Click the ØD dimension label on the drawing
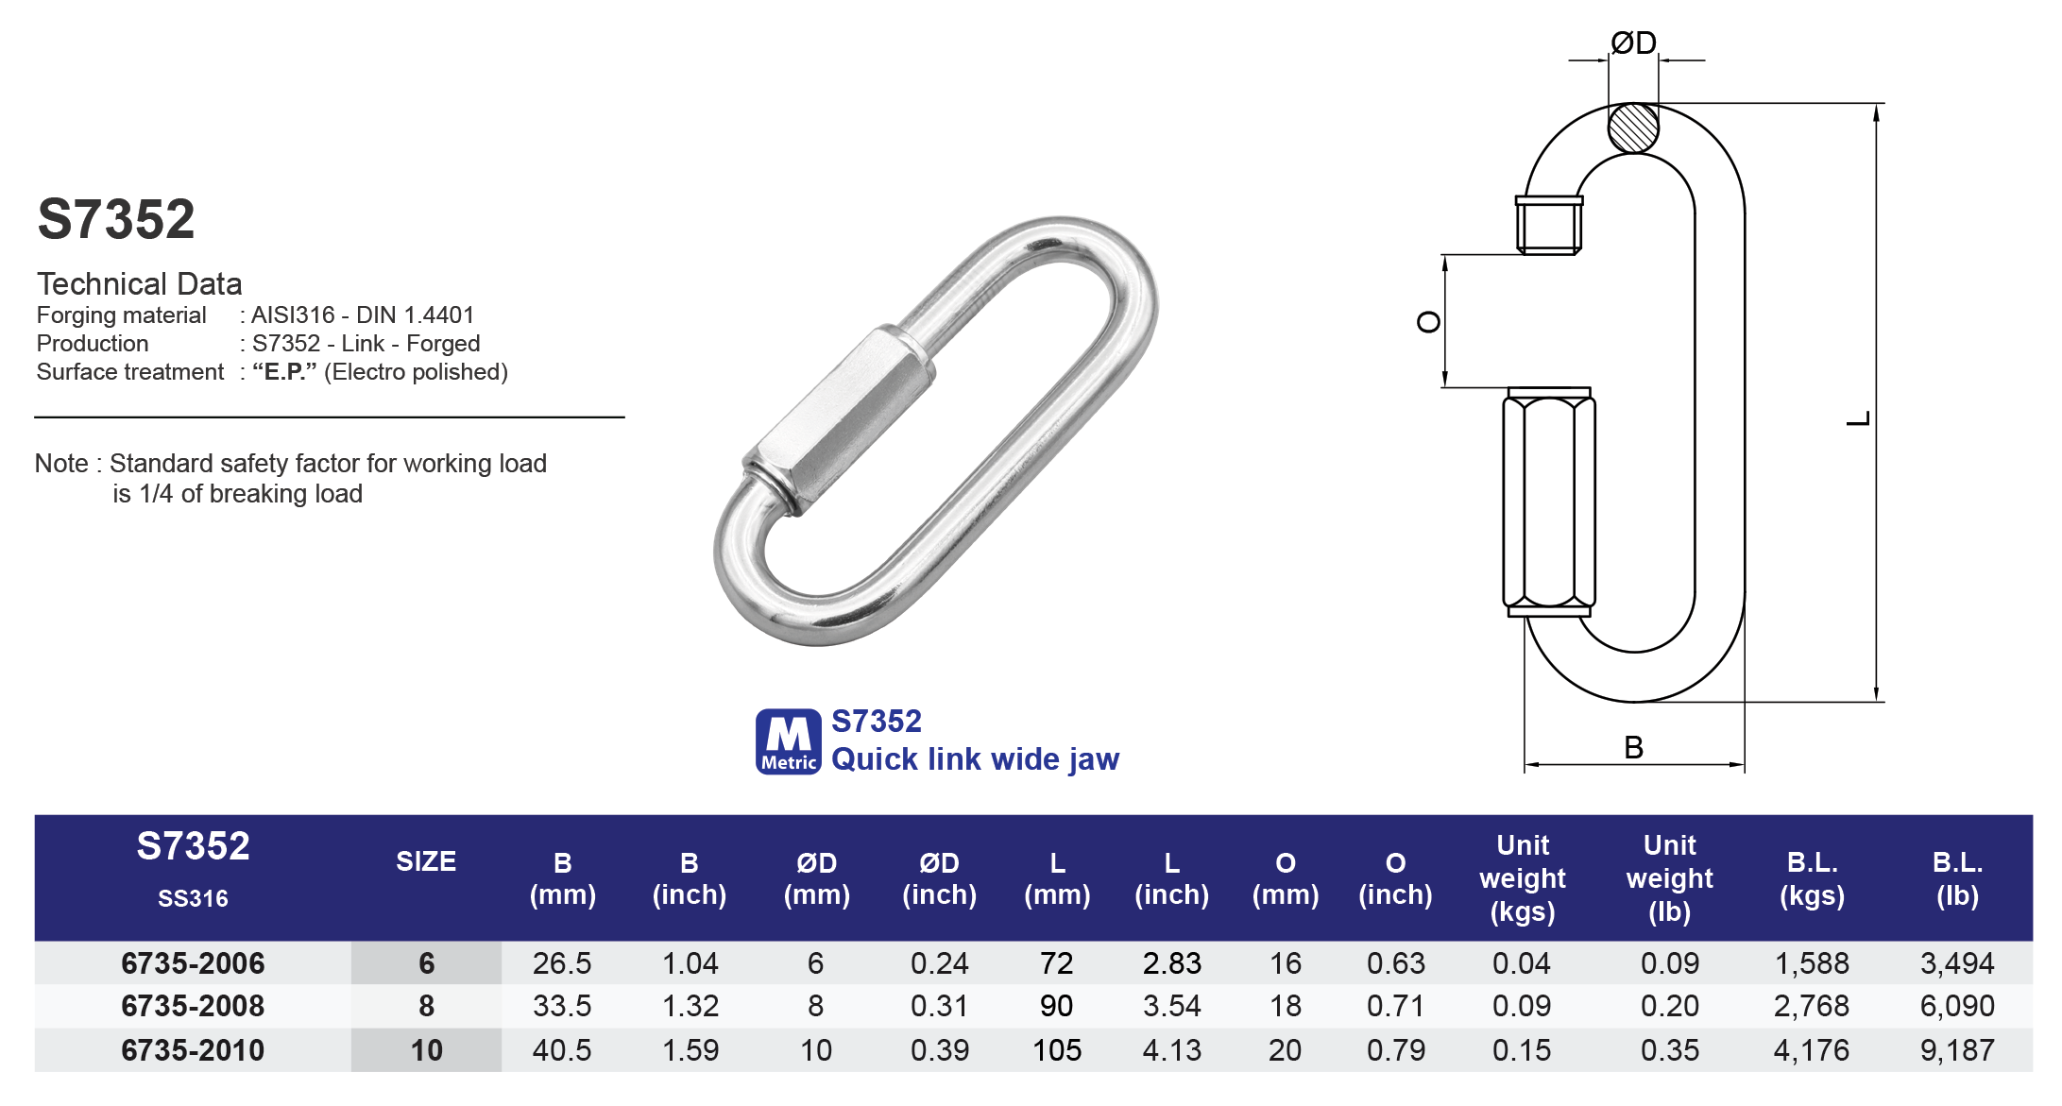(x=1633, y=43)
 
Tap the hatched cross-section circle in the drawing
(x=1633, y=128)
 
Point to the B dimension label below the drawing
(x=1633, y=747)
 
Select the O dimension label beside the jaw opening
(x=1428, y=322)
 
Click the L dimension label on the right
(x=1858, y=418)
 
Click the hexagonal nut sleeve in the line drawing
(x=1549, y=502)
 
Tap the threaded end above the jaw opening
(x=1549, y=225)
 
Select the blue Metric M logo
(x=788, y=741)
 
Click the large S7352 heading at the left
(x=116, y=219)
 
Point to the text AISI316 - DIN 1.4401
(x=363, y=315)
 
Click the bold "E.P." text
(x=284, y=372)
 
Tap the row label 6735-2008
(x=193, y=1006)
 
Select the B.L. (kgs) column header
(x=1812, y=878)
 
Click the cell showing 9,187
(x=1956, y=1050)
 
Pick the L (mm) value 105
(x=1056, y=1050)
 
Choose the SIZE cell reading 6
(x=426, y=963)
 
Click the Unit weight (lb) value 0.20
(x=1669, y=1006)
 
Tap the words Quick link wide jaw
(x=975, y=759)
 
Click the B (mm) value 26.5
(x=562, y=963)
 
